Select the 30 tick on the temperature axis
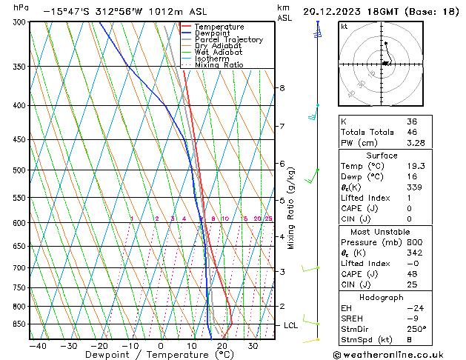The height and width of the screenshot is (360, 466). tap(253, 346)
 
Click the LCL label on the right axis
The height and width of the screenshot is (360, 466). tap(291, 325)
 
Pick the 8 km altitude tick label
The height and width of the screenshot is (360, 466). tap(282, 88)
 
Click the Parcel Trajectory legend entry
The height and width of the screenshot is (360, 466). tap(228, 40)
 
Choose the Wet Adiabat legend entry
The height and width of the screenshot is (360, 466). tap(219, 53)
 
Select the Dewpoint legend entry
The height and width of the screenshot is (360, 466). tap(214, 33)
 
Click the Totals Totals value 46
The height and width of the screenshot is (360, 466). tap(413, 132)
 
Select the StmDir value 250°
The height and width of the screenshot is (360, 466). tap(416, 329)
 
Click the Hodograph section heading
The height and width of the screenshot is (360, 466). tap(381, 297)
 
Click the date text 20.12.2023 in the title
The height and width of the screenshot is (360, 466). tap(337, 11)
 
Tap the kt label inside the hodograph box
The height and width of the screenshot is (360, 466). tap(344, 27)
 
